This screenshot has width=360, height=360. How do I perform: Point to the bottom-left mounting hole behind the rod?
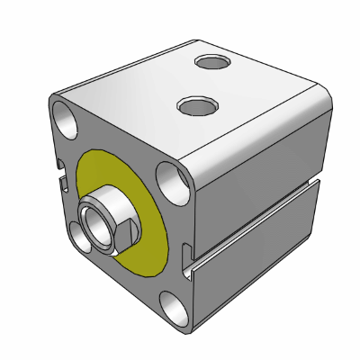[78, 236]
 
